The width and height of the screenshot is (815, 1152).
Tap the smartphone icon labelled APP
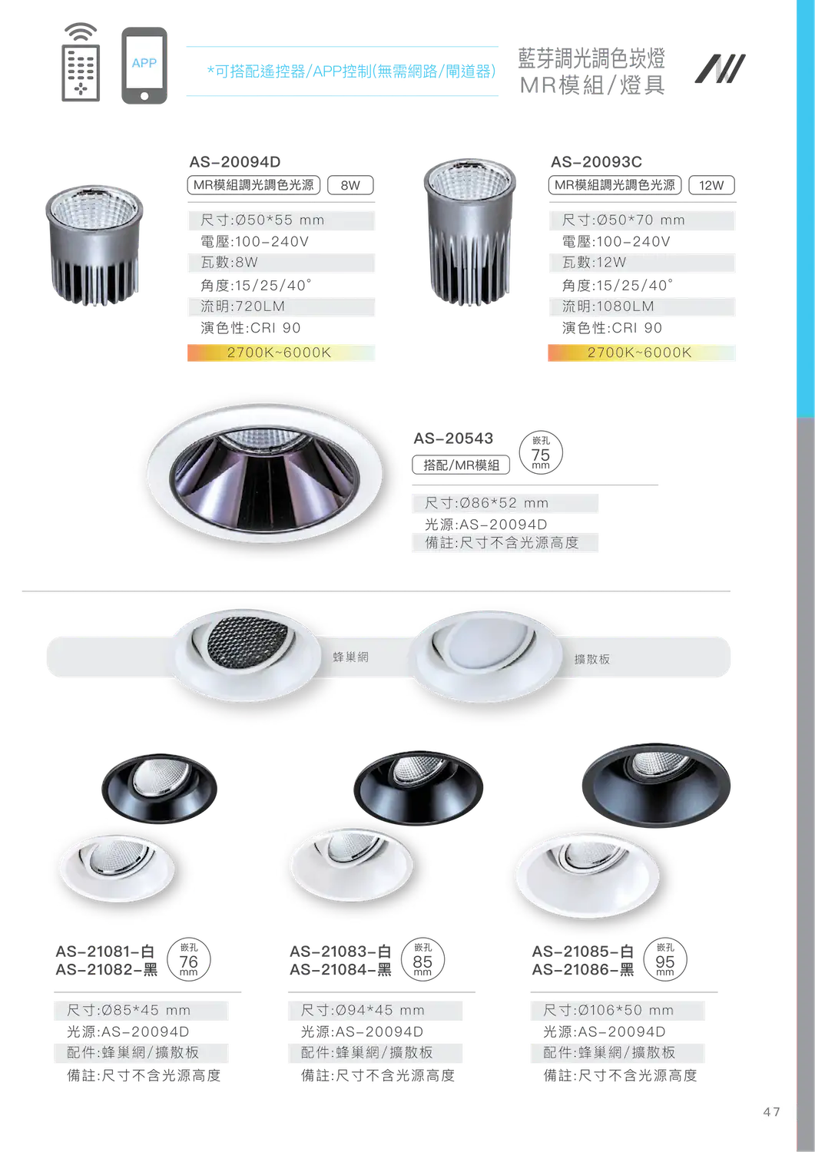(144, 66)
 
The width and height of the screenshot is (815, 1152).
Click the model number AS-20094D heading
(235, 162)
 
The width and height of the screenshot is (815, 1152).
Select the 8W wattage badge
(350, 185)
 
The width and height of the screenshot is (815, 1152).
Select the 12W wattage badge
(711, 185)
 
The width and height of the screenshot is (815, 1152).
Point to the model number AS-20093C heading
(596, 162)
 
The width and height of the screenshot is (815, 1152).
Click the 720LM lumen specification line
(281, 306)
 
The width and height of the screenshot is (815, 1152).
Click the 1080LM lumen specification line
(642, 306)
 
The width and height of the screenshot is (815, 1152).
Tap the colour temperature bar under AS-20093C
(641, 353)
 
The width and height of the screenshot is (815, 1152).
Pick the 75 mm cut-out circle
(541, 453)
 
